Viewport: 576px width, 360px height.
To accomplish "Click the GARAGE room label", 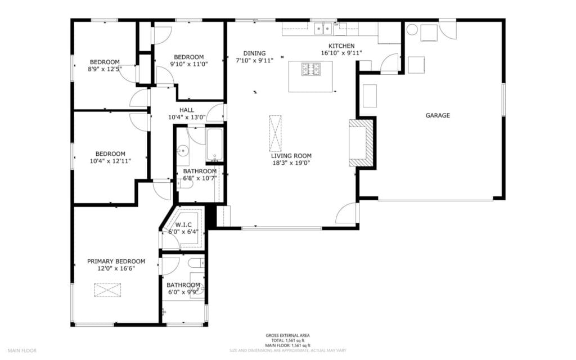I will coord(437,115).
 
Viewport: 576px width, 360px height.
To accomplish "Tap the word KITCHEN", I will coord(341,46).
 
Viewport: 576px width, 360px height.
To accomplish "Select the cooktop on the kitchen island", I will coord(310,69).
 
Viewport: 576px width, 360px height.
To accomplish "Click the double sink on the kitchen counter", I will coord(322,26).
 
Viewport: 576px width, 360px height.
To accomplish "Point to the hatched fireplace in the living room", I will coord(361,142).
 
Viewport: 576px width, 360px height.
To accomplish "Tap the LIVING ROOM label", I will coord(291,156).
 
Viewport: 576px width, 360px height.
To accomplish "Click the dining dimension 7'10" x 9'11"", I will coord(254,61).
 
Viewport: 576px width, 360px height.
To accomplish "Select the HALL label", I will coord(187,110).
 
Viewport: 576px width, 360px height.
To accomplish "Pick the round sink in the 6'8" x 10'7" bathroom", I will coord(183,150).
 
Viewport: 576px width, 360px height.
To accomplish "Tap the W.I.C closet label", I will coord(183,224).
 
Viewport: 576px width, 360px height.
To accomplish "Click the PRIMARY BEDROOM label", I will coord(116,262).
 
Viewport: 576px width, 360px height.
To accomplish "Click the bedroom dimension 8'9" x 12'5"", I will coord(105,69).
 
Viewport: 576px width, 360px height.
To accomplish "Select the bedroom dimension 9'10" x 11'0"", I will coord(188,64).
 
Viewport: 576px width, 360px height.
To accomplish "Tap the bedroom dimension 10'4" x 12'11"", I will coord(110,161).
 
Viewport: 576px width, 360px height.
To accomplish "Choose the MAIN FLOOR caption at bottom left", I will coord(22,350).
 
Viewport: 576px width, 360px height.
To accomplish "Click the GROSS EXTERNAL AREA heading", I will coord(287,336).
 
